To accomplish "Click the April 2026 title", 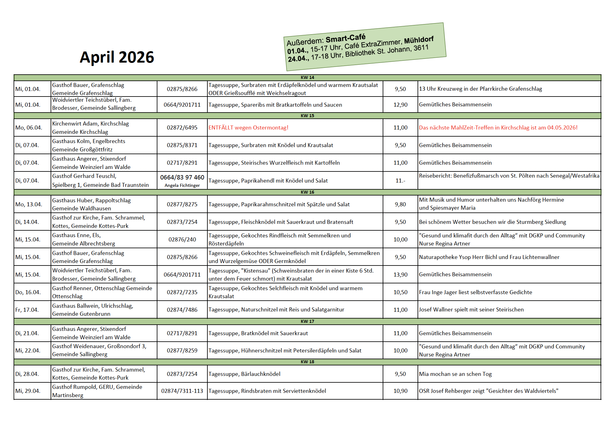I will point(117,57).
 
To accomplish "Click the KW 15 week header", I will point(307,116).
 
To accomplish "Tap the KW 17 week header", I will point(307,321).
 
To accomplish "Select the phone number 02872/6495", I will point(182,128).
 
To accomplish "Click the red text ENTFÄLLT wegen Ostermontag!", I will point(248,128).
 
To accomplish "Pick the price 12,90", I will point(400,105).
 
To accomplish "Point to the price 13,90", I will point(400,274).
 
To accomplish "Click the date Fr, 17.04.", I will point(27,310).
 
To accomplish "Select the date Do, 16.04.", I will point(28,292).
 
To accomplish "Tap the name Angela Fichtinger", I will point(182,185).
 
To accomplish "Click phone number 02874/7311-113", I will point(182,391).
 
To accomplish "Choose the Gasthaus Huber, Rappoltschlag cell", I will point(91,204).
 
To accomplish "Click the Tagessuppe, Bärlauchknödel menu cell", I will point(244,374).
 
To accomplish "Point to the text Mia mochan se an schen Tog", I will point(455,374).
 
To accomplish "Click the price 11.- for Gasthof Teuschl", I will point(400,181).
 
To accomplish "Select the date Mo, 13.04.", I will point(29,204).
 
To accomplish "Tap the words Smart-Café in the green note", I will point(345,39).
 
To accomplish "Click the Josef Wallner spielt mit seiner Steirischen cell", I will point(471,310).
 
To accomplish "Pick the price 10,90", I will point(400,391).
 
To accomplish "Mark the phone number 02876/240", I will point(182,240).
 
